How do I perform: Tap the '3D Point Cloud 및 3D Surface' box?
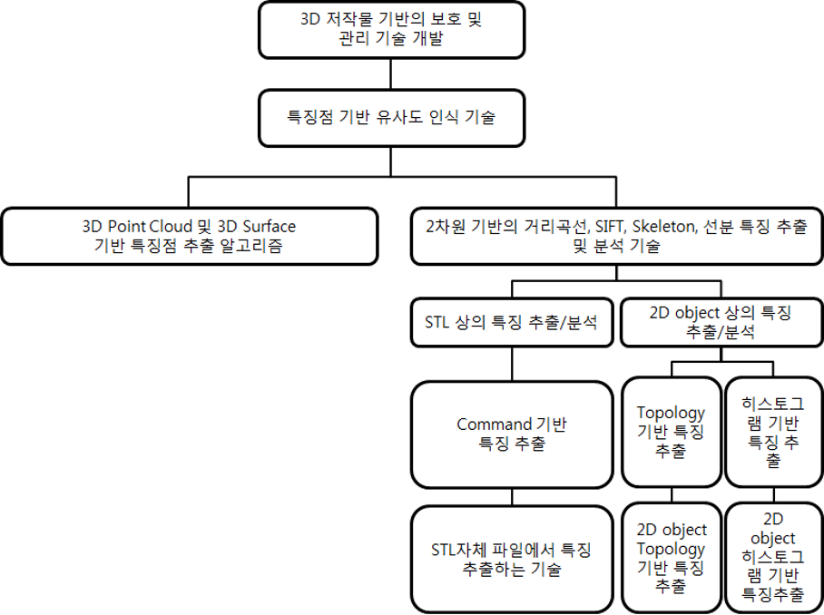point(189,236)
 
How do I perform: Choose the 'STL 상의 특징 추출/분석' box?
point(512,323)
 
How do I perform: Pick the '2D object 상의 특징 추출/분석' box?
point(721,323)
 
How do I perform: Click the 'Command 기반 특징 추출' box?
point(512,434)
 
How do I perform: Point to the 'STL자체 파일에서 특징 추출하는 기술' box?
point(512,559)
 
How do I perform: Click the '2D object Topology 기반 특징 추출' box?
point(671,559)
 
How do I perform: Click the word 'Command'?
point(494,425)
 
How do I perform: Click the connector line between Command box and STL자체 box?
point(512,498)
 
